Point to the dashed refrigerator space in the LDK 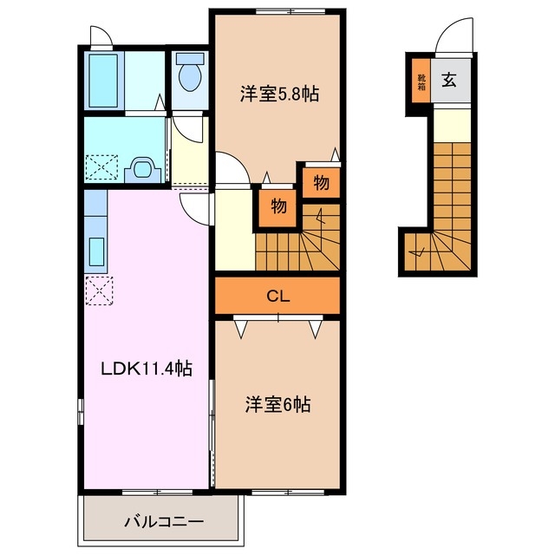tap(97, 289)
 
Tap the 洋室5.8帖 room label tap(278, 94)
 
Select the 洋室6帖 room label tap(277, 403)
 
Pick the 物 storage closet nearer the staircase tap(321, 183)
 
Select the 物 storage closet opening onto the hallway tap(277, 207)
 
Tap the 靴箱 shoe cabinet tap(420, 82)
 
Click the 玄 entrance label tap(451, 82)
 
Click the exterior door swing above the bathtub tap(100, 36)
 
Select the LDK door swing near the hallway tap(195, 206)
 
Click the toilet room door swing tap(185, 128)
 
